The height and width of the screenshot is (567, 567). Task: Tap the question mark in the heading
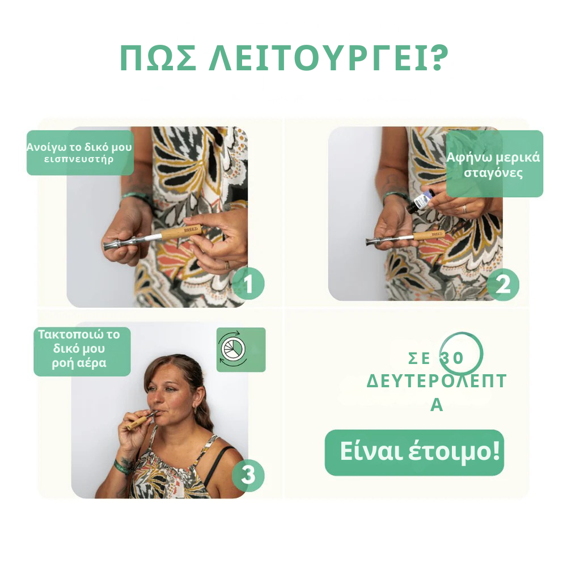click(436, 58)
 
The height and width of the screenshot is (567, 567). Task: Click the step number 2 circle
click(503, 285)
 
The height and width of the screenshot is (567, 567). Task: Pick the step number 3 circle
click(248, 475)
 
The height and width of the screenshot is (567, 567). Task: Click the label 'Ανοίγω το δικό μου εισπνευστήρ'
click(79, 153)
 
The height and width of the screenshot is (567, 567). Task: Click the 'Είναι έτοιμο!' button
click(414, 452)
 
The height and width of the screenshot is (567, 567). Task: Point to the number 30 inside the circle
click(452, 358)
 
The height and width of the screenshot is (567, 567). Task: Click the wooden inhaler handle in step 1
click(184, 231)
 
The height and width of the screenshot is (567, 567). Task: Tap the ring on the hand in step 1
click(226, 265)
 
